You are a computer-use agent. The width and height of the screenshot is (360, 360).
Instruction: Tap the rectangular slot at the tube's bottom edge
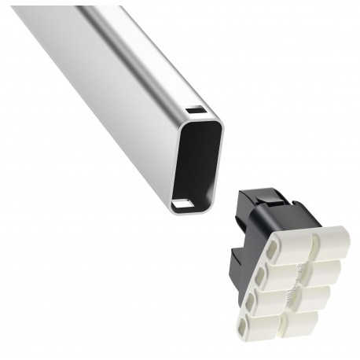[183, 204]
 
